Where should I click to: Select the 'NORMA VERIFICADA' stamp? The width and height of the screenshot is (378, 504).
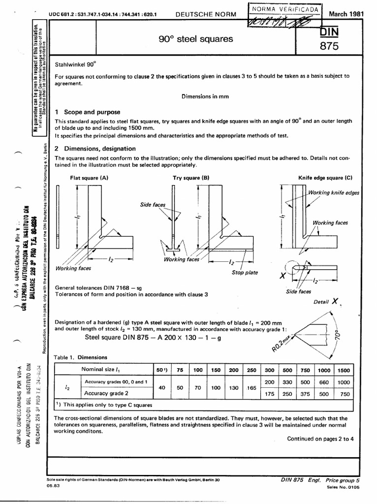(285, 10)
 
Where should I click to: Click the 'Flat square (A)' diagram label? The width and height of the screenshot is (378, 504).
(89, 177)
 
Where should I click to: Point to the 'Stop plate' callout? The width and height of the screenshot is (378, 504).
(245, 272)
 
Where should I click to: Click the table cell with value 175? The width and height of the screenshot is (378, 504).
(270, 393)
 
